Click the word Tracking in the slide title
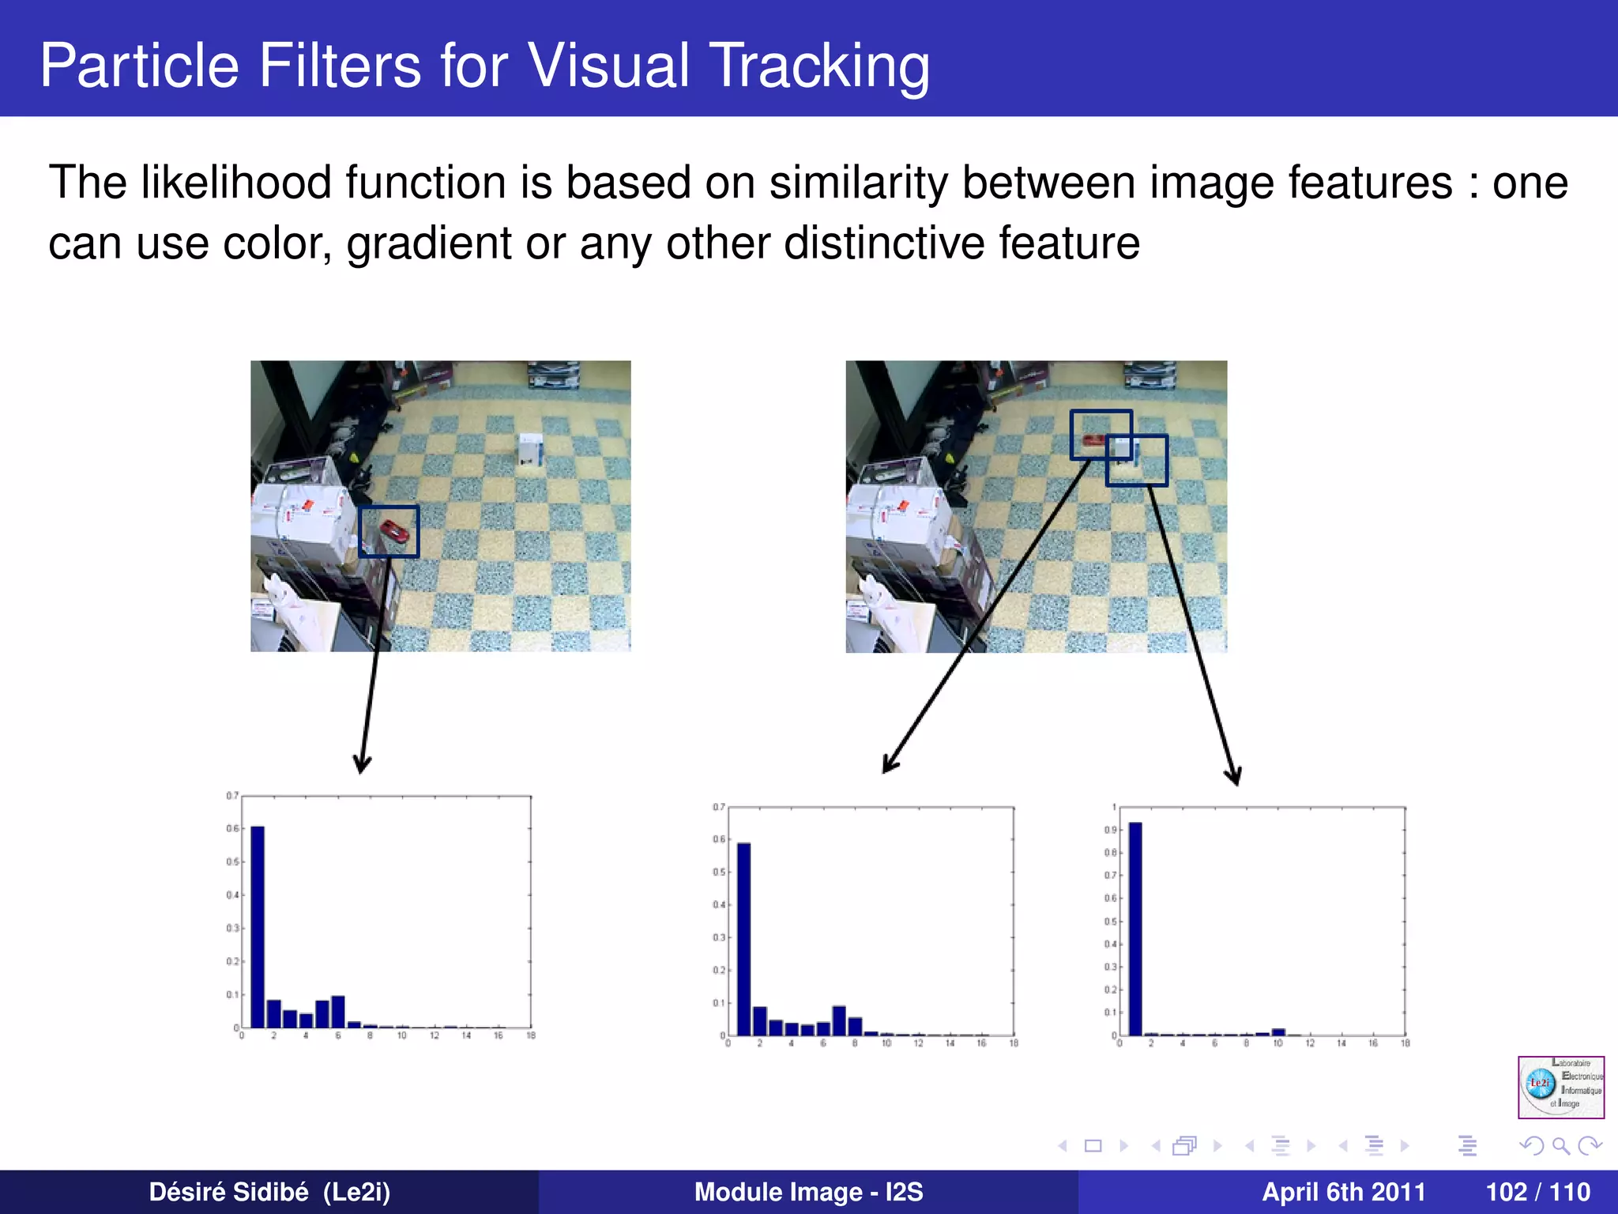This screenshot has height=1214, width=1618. tap(818, 66)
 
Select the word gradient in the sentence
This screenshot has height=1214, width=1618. tap(429, 243)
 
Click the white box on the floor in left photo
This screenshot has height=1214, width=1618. tap(530, 450)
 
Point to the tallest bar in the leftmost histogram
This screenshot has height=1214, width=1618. tap(258, 926)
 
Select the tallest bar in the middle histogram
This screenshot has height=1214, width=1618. tap(743, 939)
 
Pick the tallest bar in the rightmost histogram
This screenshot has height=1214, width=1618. tap(1135, 929)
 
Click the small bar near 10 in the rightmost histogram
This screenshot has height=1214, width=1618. tap(1278, 1031)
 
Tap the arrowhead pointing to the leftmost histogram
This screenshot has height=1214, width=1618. tap(362, 765)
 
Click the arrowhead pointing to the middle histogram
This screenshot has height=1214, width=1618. tap(889, 765)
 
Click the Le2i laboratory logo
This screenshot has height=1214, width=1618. tap(1560, 1087)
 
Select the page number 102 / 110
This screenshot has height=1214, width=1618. tap(1537, 1192)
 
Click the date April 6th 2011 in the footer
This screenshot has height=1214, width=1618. tap(1343, 1192)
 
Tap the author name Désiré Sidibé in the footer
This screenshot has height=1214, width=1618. tap(229, 1192)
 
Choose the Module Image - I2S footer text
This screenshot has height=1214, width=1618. tap(808, 1192)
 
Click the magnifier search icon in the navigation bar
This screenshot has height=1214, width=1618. tap(1560, 1145)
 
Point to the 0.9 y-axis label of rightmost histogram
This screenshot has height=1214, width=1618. tap(1110, 830)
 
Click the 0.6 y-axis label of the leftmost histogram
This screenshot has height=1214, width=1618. tap(232, 828)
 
